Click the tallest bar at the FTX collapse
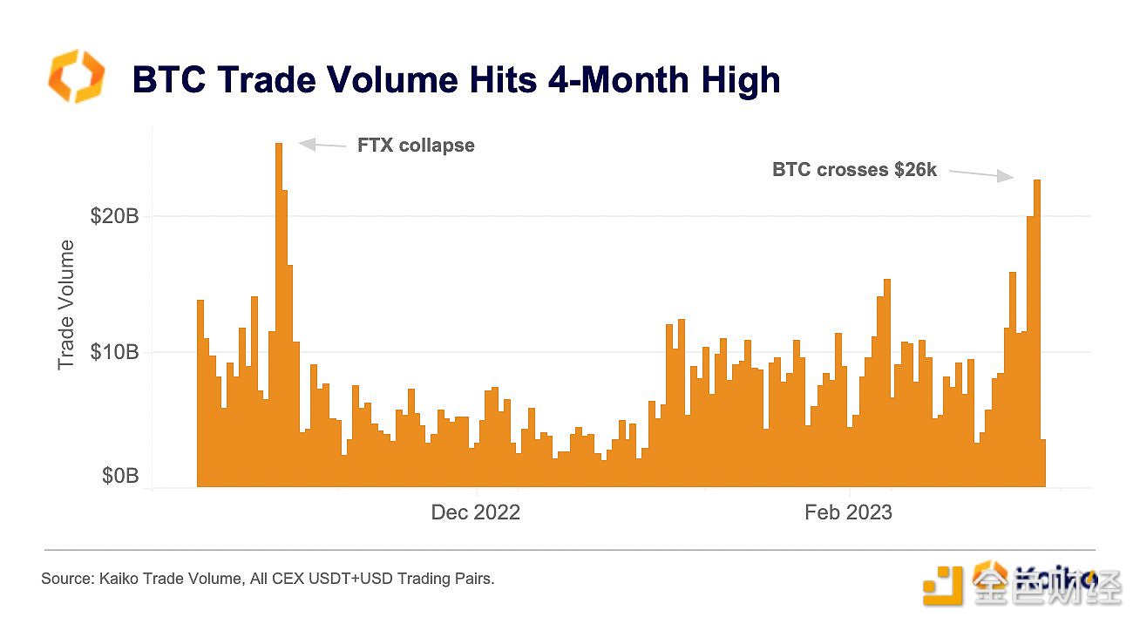[x=279, y=314]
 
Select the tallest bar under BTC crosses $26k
[x=1037, y=331]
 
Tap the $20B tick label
[x=114, y=217]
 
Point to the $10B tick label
[x=114, y=353]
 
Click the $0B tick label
[x=119, y=476]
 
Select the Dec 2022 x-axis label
[x=475, y=512]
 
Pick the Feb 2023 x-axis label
[x=848, y=512]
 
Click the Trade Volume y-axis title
[x=66, y=304]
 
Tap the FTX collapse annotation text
[x=416, y=146]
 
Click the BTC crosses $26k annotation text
[x=854, y=171]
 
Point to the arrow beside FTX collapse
[x=322, y=145]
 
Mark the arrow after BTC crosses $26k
[x=981, y=174]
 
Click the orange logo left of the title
[x=76, y=76]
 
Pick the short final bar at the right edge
[x=1043, y=463]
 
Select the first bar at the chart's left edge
[x=200, y=392]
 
